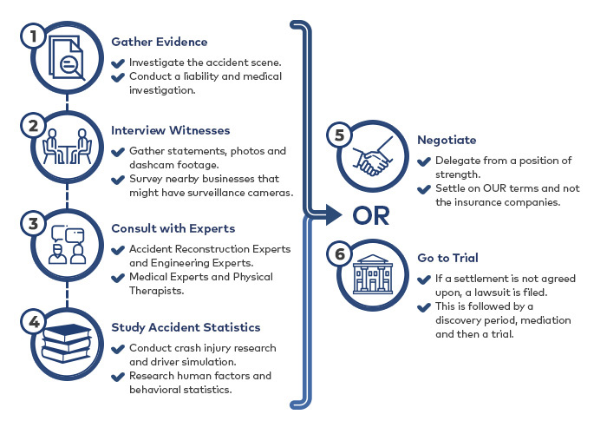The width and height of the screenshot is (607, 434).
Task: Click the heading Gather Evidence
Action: tap(159, 42)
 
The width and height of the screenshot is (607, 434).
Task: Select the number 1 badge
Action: tap(33, 36)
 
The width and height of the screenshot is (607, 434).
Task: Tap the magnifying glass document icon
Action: tap(67, 58)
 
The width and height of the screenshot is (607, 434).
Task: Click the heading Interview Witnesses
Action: tap(170, 130)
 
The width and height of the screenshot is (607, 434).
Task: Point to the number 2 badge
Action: tap(33, 126)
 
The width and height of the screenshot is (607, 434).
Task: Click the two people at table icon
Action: tap(67, 147)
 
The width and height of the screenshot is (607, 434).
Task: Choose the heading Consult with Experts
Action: tap(173, 228)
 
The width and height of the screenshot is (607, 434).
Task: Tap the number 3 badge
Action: tap(33, 224)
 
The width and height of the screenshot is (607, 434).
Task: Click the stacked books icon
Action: tap(67, 344)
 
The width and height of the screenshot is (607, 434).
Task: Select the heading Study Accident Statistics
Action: tap(186, 327)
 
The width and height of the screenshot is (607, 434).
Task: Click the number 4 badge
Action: tap(33, 322)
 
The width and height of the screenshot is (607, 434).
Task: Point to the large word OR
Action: tap(371, 216)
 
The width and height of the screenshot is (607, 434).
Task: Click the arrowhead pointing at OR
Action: tap(334, 214)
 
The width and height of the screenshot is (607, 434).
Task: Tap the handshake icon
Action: tap(372, 155)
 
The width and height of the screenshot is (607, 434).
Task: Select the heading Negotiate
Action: tap(447, 140)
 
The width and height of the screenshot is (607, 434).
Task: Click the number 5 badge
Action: tap(340, 135)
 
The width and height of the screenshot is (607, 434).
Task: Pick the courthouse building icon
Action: tap(372, 274)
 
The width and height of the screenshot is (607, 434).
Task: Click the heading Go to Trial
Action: tap(448, 258)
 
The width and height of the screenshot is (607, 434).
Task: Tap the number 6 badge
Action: tap(340, 254)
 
